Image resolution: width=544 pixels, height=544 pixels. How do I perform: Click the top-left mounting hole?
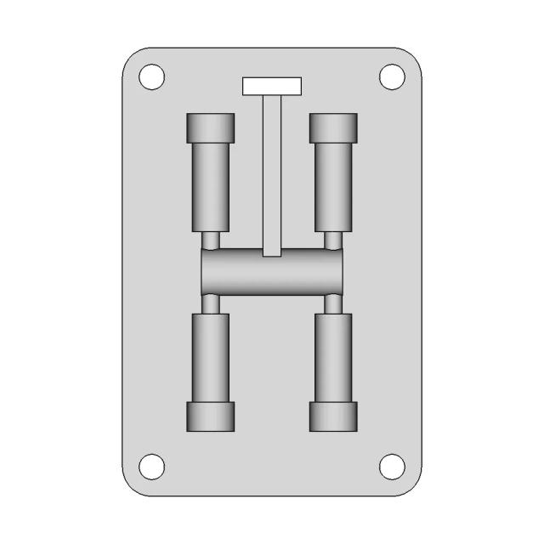[152, 76]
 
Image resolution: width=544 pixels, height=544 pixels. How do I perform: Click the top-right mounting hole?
[391, 76]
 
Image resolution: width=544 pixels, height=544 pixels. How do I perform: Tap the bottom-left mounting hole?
[152, 466]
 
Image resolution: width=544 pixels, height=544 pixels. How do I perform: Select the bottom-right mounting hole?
[391, 466]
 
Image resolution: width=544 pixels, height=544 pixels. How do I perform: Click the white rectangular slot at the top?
[272, 86]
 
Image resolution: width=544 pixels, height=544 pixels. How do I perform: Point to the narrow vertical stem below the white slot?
[272, 170]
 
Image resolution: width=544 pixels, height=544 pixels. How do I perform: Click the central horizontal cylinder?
[272, 272]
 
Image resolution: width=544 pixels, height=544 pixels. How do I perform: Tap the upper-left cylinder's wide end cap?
[210, 128]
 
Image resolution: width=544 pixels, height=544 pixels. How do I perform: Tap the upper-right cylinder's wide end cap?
[333, 128]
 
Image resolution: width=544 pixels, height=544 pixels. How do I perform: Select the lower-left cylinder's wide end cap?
[210, 416]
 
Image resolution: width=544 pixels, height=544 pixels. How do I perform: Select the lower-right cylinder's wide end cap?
[333, 416]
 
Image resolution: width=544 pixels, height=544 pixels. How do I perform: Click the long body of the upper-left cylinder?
[210, 187]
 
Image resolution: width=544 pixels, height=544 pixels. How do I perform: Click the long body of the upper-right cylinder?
[333, 187]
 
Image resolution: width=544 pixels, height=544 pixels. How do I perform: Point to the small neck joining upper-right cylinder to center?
[333, 241]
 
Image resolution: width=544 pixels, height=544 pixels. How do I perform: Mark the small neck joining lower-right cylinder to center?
[333, 303]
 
